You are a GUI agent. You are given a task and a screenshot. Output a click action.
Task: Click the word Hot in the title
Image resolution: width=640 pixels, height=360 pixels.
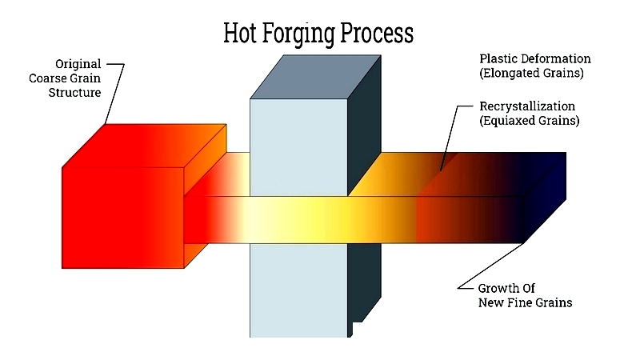[240, 33]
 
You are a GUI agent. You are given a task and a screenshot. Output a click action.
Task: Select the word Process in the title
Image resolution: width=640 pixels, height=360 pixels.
[377, 33]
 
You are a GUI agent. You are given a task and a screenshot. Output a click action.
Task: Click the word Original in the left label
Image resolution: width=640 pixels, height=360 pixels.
[78, 64]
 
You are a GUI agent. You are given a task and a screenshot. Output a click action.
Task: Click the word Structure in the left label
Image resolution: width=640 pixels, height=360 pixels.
[74, 93]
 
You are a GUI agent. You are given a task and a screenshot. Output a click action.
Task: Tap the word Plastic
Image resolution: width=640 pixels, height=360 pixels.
[495, 58]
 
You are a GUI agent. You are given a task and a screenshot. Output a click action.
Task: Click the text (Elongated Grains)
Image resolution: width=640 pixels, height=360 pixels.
[531, 73]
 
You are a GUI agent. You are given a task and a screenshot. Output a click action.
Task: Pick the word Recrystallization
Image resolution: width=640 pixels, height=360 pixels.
[527, 106]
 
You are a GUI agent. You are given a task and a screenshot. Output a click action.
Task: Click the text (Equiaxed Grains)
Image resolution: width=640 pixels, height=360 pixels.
[530, 121]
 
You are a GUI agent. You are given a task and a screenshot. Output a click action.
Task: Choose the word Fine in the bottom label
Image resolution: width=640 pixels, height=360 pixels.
[523, 302]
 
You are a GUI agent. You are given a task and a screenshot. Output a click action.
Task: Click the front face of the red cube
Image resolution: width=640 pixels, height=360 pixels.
[122, 218]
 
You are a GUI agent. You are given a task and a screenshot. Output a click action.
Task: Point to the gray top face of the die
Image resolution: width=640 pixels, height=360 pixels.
[315, 77]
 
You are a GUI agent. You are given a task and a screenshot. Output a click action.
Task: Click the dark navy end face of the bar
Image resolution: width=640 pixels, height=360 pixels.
[545, 198]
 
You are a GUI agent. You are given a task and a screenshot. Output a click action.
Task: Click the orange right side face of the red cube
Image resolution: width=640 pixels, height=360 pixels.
[205, 196]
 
